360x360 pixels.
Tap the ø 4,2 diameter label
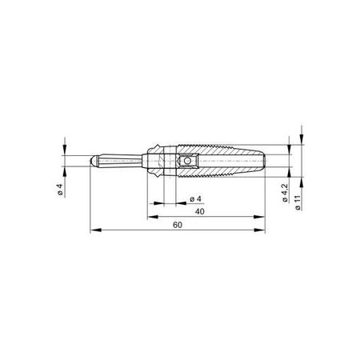click(x=286, y=194)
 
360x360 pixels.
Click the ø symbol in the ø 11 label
click(x=298, y=207)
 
